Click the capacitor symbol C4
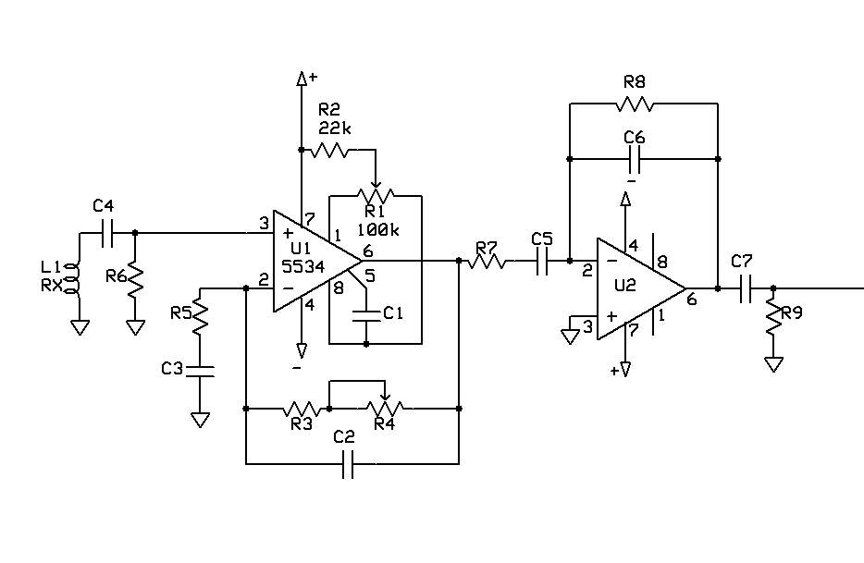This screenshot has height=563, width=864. [108, 233]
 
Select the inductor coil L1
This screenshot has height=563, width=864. [72, 279]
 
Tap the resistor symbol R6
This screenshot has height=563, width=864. [135, 282]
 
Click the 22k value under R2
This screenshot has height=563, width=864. [335, 129]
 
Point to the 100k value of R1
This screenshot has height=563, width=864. [378, 229]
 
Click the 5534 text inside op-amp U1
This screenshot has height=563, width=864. [302, 266]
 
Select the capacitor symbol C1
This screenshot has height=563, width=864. [366, 315]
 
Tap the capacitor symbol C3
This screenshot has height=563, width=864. [200, 370]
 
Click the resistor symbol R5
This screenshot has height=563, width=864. [200, 315]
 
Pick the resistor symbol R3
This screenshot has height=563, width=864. [302, 409]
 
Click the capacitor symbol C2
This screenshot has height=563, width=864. [348, 464]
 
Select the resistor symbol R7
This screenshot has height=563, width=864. [487, 261]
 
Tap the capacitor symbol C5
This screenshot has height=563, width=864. [542, 261]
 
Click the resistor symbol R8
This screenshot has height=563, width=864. [635, 103]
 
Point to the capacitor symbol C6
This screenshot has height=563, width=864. [635, 159]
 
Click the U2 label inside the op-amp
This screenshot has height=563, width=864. [624, 286]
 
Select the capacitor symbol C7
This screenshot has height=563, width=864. [746, 288]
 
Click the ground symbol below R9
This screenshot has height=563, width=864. [773, 364]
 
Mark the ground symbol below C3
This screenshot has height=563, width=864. [200, 420]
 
